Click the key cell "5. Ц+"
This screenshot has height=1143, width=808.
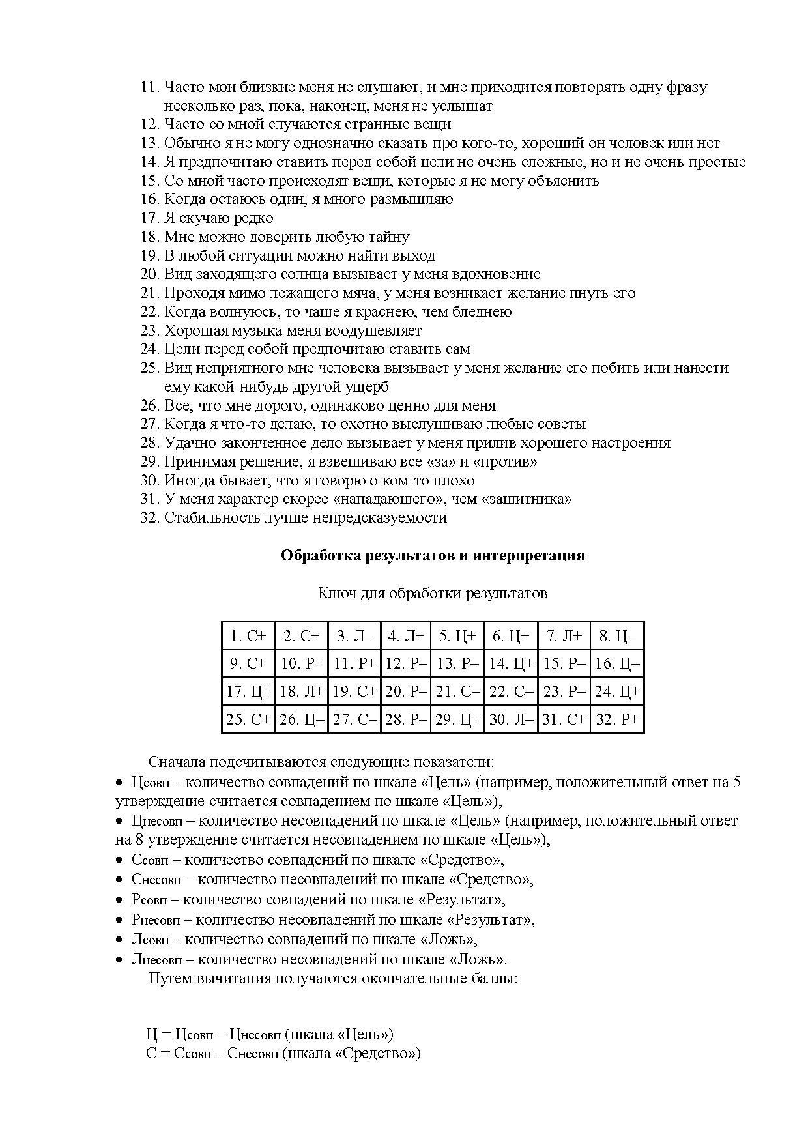[457, 636]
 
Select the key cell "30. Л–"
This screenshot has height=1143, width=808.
[511, 719]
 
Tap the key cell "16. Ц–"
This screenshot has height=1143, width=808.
[617, 664]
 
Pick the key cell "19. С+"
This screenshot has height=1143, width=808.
[354, 691]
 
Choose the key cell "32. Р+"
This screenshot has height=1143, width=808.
[617, 719]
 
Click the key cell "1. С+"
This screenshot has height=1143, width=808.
[248, 636]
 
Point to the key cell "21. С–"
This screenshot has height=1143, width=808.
[457, 691]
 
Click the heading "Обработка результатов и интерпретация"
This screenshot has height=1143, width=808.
[433, 555]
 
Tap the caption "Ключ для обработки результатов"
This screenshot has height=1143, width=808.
[433, 593]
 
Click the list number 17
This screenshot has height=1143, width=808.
[149, 218]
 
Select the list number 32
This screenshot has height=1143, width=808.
[149, 517]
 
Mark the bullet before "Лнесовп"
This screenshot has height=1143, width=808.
[119, 960]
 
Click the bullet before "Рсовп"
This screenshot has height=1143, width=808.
[119, 900]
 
